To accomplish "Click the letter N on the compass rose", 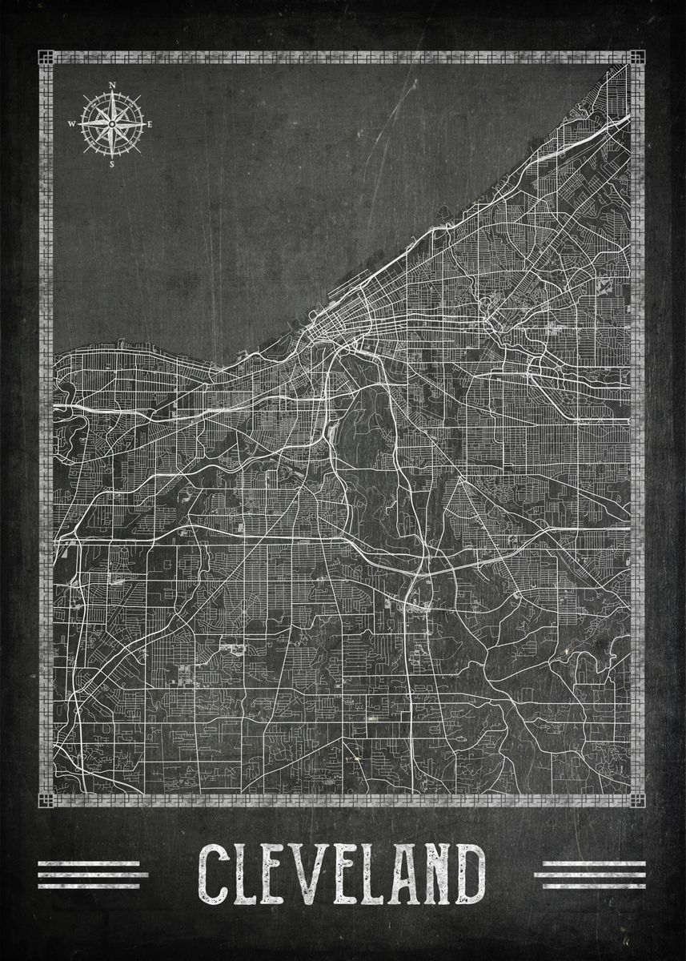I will [112, 85].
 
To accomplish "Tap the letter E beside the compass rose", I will [149, 124].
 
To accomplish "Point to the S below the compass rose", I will [112, 164].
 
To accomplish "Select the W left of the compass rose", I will [72, 124].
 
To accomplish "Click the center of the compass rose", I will [112, 123].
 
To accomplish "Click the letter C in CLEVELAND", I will [215, 873].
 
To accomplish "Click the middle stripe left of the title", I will [93, 875].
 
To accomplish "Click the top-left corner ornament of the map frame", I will [46, 58].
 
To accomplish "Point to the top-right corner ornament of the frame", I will [636, 58].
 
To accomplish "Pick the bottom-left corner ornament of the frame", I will [46, 800].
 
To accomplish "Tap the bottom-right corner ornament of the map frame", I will [636, 800].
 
